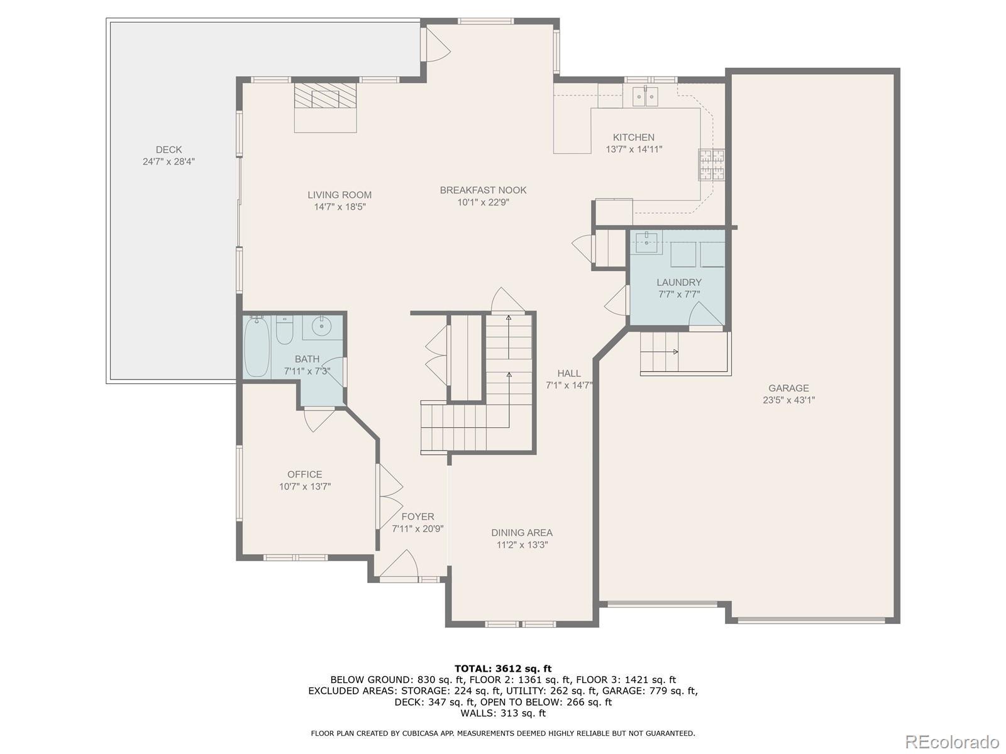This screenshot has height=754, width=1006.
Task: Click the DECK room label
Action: click(x=169, y=150)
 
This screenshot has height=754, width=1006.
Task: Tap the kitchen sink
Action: click(x=645, y=97)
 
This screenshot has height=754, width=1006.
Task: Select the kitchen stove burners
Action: click(x=711, y=165)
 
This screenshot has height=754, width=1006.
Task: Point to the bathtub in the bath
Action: click(x=257, y=346)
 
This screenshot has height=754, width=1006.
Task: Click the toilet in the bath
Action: click(x=285, y=330)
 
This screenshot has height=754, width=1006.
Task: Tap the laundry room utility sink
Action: click(x=647, y=243)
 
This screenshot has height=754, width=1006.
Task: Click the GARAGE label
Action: click(x=788, y=388)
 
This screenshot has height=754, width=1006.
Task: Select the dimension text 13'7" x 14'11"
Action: click(x=634, y=150)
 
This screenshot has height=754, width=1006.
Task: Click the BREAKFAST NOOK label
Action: click(x=483, y=190)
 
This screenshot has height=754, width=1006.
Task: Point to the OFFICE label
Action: click(x=305, y=474)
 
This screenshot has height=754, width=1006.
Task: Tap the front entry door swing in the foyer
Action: click(x=399, y=564)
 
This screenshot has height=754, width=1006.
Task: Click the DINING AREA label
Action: click(x=522, y=532)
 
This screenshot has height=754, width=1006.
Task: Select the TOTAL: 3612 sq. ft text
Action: click(x=503, y=669)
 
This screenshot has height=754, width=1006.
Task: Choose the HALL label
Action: click(x=569, y=373)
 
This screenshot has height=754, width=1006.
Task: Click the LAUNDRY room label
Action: click(x=679, y=283)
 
